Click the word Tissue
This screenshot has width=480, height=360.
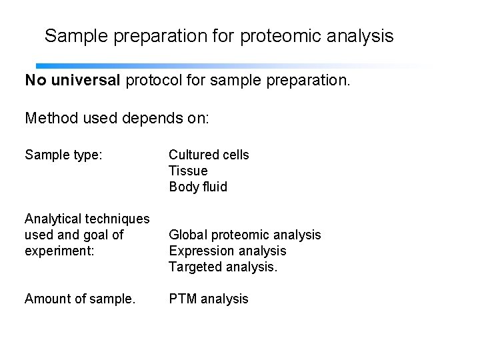[188, 171]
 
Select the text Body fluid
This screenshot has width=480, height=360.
[198, 187]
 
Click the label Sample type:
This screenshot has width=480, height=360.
[63, 155]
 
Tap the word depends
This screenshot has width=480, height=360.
[155, 119]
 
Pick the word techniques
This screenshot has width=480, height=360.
[119, 219]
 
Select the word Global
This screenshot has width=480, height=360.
[187, 235]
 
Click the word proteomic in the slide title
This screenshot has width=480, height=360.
[277, 36]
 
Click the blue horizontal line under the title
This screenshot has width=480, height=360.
[200, 66]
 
